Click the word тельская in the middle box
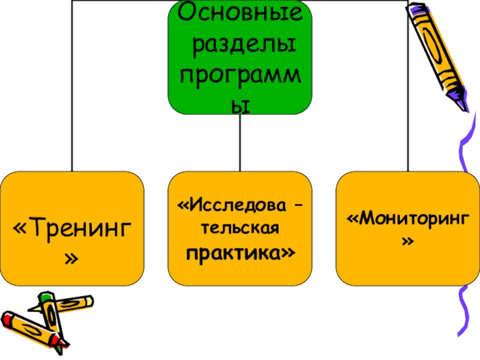pos(240,230)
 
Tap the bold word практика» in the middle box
pos(240,253)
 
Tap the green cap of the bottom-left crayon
pos(46,296)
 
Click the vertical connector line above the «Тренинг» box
pos(72,90)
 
